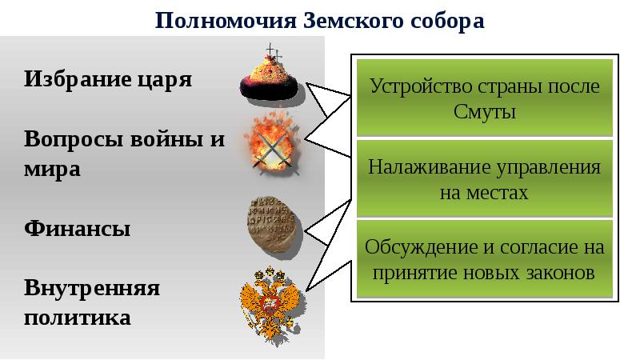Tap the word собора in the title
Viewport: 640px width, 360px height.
(442, 19)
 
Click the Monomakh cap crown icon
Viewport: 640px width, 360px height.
(272, 77)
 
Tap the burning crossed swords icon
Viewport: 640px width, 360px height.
(272, 144)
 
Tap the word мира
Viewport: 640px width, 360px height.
(53, 170)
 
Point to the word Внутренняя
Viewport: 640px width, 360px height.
(92, 287)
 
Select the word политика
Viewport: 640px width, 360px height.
(77, 318)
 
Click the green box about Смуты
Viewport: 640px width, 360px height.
(484, 97)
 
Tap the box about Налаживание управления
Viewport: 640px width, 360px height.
(484, 179)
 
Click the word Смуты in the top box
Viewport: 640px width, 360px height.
(484, 111)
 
